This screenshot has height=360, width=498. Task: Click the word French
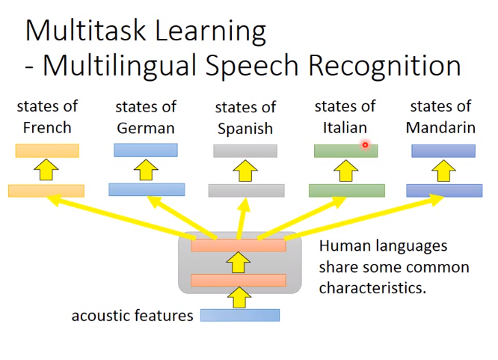(47, 127)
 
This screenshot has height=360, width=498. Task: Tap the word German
(146, 128)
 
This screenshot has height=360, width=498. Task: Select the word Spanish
(245, 129)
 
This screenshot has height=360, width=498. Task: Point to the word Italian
(345, 127)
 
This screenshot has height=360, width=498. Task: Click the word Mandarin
(440, 127)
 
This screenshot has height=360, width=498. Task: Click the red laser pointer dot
(365, 145)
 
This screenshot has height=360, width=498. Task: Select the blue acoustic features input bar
(240, 315)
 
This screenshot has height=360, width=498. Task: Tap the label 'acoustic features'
(132, 316)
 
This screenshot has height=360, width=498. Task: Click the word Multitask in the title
(85, 31)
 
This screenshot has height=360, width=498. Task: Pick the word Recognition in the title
(384, 66)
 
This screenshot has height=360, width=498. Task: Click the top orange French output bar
(47, 150)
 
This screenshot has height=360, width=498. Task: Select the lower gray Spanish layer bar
(247, 191)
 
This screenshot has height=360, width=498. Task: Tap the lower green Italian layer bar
(347, 191)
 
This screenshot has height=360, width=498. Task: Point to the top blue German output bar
(146, 150)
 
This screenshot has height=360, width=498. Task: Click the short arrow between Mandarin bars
(443, 171)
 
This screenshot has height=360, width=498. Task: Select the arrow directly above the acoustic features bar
(239, 297)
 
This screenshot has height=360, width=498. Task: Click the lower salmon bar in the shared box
(239, 280)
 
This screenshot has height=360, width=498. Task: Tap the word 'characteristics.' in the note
(372, 288)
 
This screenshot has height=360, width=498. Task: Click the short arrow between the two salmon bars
(239, 263)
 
